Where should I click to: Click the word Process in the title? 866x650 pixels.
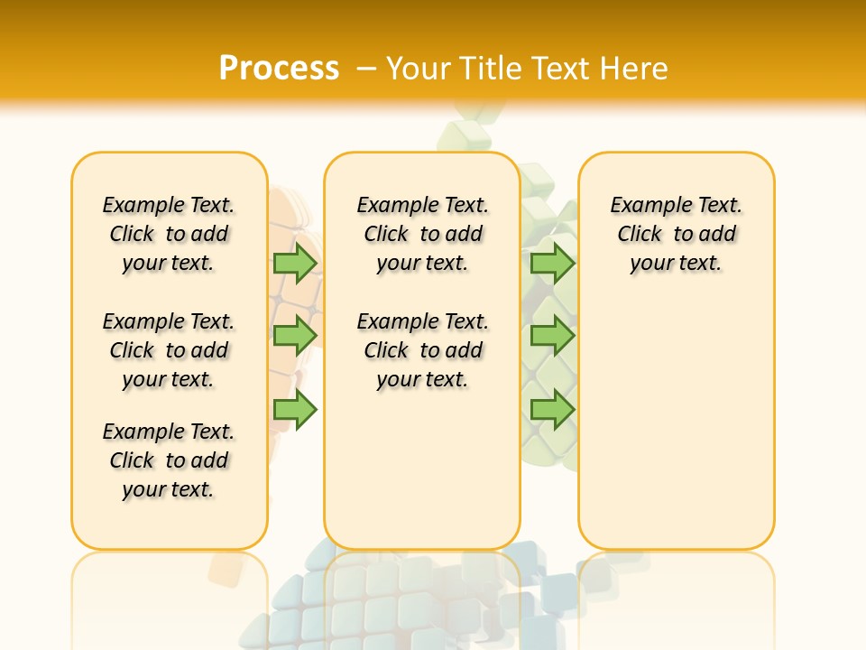[279, 69]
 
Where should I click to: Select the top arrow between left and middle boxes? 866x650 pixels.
[295, 263]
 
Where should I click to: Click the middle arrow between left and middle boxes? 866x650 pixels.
[295, 336]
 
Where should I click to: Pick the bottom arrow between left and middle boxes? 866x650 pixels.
[295, 410]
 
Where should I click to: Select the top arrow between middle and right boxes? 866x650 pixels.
[552, 263]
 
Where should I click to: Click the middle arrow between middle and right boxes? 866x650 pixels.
[552, 336]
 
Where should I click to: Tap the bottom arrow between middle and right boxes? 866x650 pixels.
[552, 410]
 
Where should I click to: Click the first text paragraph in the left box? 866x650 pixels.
[169, 234]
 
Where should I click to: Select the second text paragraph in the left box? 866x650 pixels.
[169, 350]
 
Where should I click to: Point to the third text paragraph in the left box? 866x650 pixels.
[169, 460]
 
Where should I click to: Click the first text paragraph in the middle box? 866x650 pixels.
[422, 234]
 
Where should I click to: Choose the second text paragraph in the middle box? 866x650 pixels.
[422, 350]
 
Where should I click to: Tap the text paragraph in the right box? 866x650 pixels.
[676, 234]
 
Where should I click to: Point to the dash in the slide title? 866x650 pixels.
[367, 69]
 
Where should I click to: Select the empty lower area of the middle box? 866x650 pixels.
[422, 469]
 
